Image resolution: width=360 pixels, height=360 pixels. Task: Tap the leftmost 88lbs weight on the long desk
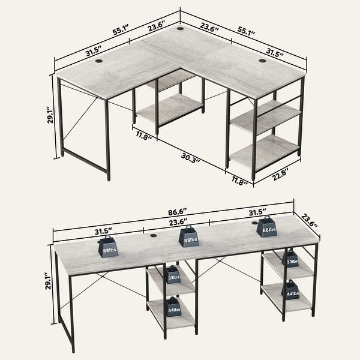coord(109,247)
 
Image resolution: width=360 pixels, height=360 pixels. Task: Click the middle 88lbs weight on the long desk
coord(190,235)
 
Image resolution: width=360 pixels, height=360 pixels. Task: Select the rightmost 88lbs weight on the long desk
coord(266,227)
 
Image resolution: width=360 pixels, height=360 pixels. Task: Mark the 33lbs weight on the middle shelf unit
coord(173,275)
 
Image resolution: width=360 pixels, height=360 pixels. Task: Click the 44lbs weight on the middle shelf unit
coord(173,307)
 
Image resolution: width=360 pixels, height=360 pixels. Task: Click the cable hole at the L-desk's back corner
coord(181,28)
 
